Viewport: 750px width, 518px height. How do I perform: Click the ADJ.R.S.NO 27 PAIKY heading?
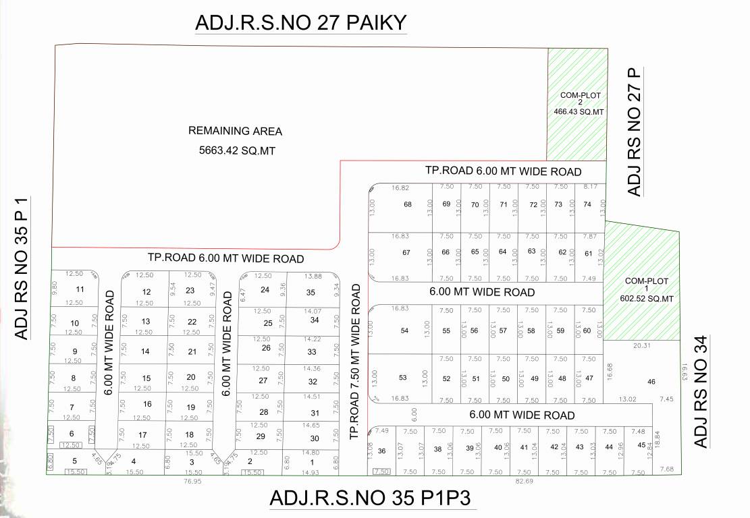300,22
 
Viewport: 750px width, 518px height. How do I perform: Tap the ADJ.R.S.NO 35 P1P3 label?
369,498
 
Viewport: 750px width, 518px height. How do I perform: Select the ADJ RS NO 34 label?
701,393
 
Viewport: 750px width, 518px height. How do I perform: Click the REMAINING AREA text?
235,131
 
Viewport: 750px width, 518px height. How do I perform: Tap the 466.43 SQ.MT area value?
579,111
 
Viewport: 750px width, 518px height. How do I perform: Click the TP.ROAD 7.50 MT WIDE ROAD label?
356,362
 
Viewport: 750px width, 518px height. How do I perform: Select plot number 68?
407,204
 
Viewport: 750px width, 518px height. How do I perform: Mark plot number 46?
651,382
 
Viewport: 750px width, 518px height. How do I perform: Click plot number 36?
381,451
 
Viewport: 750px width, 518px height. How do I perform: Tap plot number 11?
80,289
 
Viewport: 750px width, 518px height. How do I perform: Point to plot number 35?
311,292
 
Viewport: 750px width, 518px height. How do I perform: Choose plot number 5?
75,461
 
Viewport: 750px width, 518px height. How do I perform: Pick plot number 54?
404,330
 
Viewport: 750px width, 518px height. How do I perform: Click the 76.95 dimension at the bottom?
192,482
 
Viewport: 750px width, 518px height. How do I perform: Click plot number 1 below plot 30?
312,462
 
